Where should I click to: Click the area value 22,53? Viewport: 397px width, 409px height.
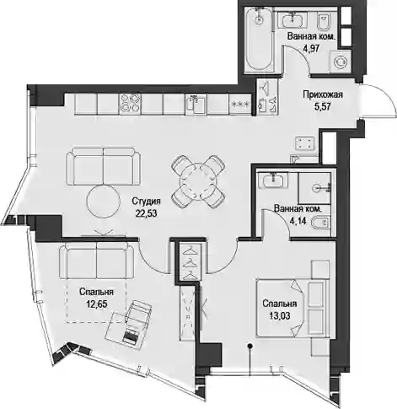click(146, 213)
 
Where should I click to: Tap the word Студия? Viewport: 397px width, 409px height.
click(146, 202)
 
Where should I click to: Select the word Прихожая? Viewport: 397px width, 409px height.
click(323, 94)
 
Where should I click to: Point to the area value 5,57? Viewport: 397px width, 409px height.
click(323, 106)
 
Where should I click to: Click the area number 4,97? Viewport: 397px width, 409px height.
click(311, 49)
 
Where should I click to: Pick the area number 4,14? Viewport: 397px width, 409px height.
click(298, 221)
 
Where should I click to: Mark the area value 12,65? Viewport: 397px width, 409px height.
click(96, 304)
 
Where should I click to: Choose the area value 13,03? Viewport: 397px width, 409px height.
click(280, 316)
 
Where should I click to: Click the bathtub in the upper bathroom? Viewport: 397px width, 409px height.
click(259, 39)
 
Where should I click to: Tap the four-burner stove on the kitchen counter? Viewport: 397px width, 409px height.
click(130, 104)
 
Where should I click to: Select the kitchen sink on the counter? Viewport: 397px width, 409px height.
click(196, 105)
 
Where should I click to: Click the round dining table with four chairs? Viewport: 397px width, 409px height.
click(198, 181)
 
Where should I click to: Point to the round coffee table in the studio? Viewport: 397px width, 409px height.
click(103, 202)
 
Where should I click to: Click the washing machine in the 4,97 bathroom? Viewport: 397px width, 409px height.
click(341, 62)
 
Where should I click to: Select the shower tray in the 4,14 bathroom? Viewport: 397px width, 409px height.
click(314, 188)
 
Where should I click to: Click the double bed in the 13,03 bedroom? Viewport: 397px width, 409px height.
click(292, 308)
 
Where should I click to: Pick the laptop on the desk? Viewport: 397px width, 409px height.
click(131, 335)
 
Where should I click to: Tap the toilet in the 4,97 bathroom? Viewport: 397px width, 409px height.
click(324, 20)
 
